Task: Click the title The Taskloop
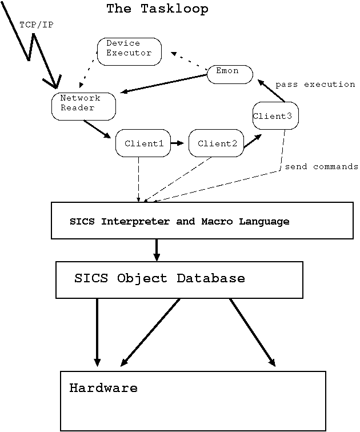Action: click(x=157, y=9)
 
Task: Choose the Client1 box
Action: click(x=143, y=143)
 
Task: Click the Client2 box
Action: click(x=217, y=143)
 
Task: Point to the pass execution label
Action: click(x=315, y=85)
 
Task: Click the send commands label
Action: click(x=321, y=167)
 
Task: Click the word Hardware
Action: click(x=103, y=389)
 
